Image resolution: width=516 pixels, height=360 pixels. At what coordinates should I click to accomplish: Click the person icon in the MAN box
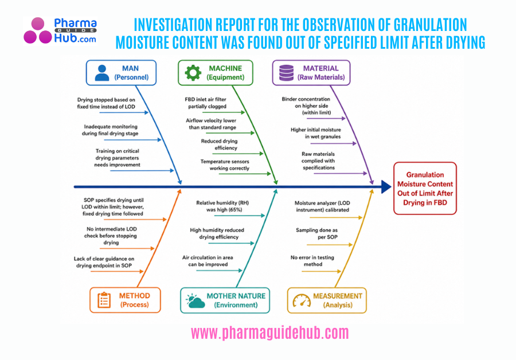coord(102,72)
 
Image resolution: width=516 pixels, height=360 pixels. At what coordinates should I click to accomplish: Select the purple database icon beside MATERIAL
coord(286,72)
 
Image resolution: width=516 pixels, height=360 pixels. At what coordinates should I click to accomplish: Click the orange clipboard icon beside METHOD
coord(104,300)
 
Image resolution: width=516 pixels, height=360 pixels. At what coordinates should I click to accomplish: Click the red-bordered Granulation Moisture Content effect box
coord(425,189)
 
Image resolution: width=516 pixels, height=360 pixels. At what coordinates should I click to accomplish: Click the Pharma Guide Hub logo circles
coord(37,31)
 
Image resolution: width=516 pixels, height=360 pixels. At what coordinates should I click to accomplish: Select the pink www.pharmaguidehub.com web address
coord(269,333)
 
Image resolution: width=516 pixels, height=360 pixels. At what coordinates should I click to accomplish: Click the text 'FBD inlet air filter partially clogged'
coord(205,103)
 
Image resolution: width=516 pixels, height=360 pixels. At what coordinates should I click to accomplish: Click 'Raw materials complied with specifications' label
coord(318,162)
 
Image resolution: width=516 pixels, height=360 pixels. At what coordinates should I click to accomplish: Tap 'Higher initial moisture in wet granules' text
coord(315,133)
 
